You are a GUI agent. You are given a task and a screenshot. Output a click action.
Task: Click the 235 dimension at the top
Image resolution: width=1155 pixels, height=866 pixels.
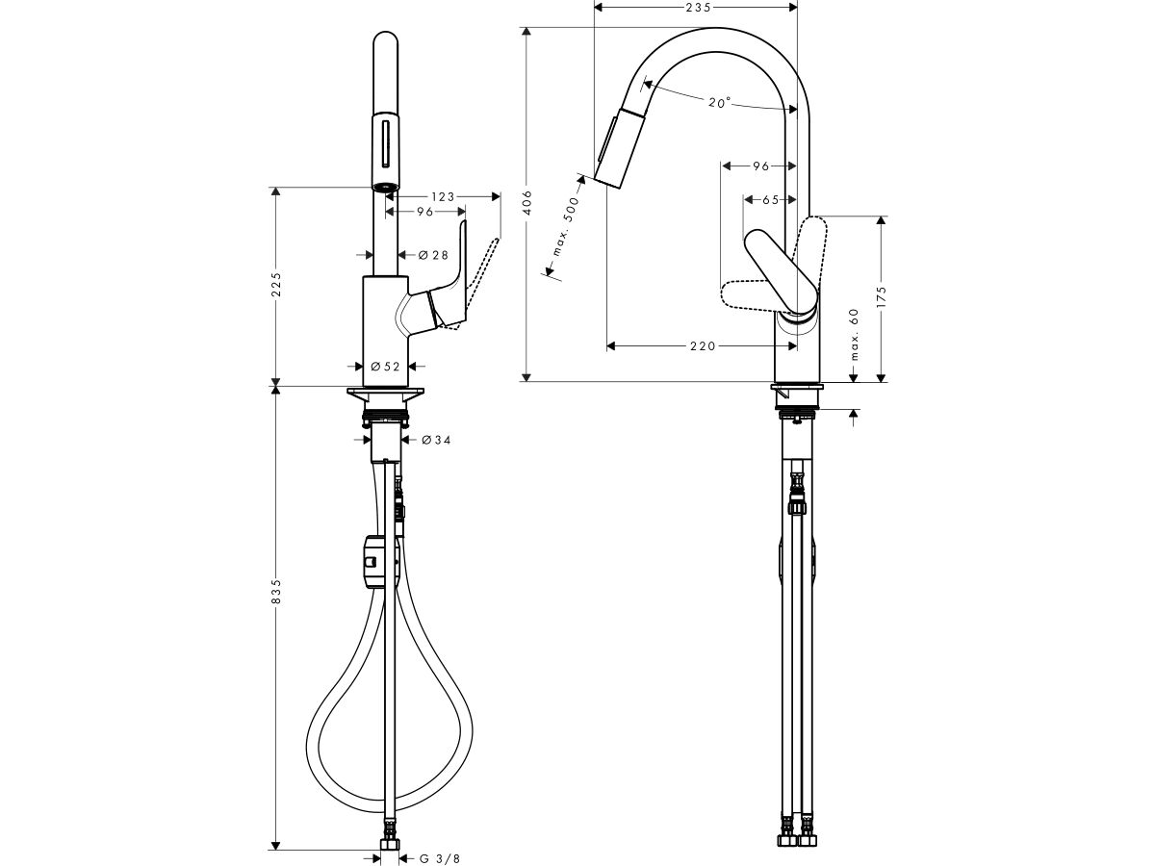[697, 8]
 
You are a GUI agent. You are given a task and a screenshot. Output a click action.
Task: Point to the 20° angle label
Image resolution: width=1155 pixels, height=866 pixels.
[719, 103]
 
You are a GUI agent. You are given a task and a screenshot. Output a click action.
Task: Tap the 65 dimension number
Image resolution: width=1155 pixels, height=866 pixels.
[770, 200]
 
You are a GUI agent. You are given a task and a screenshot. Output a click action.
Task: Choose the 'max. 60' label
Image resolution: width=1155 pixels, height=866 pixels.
[854, 334]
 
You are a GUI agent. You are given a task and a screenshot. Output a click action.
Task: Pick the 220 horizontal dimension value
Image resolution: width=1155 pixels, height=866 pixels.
[702, 345]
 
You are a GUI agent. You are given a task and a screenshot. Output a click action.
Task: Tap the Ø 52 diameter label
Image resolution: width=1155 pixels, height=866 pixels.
[384, 366]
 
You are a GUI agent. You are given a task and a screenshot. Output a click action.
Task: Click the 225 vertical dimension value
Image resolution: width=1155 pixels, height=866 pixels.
[276, 286]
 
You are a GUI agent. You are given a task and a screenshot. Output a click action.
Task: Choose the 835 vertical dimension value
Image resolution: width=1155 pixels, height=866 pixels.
[276, 592]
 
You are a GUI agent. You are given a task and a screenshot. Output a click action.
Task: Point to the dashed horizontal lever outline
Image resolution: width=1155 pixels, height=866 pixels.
[756, 293]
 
